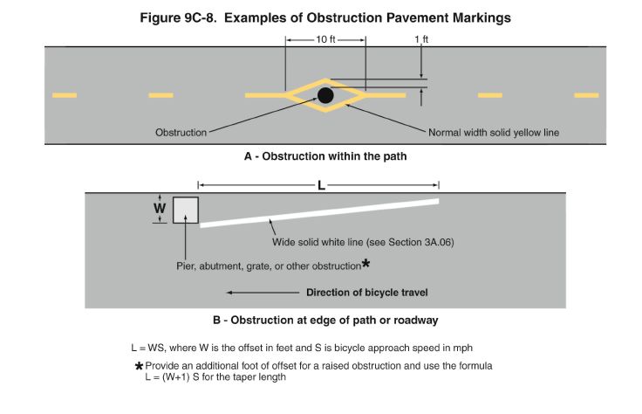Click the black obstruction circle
324,94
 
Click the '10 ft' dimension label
324,40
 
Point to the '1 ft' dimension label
421,40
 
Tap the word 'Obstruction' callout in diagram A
181,133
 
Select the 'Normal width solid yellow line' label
494,133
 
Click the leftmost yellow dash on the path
65,94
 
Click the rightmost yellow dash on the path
586,94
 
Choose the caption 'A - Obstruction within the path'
325,157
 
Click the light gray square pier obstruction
186,210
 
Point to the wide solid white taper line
319,214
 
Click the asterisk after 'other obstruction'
365,264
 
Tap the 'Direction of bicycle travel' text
366,292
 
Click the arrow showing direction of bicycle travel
253,292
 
